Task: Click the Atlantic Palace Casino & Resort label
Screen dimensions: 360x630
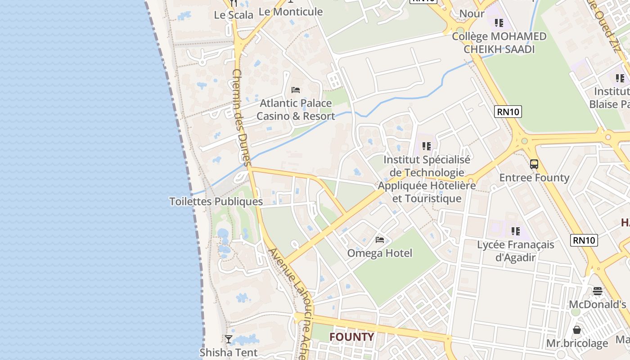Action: pos(296,110)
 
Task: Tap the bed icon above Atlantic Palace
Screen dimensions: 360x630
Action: pos(296,90)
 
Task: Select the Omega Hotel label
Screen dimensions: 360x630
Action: pos(379,253)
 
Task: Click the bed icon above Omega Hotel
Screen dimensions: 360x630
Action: pos(380,240)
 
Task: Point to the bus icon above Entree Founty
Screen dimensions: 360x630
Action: pos(534,164)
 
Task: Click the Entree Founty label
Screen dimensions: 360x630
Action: pos(534,178)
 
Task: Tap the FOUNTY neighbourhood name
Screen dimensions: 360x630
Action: pos(351,337)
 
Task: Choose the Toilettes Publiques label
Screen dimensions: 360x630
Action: pos(216,202)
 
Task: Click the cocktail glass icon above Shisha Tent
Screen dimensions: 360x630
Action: pos(229,339)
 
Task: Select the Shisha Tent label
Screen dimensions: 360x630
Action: pos(229,352)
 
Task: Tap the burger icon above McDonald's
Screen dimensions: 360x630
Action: pos(598,291)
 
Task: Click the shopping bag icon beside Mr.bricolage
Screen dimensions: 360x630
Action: pos(577,330)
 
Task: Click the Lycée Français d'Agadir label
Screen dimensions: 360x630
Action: pos(515,251)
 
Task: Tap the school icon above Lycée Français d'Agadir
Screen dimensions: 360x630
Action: pos(515,231)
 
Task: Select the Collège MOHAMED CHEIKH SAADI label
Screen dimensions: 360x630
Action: pos(499,43)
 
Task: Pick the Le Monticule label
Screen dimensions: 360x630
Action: pos(291,12)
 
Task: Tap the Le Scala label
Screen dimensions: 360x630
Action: pos(234,15)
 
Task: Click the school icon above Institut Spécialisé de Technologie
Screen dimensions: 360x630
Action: pos(426,146)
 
